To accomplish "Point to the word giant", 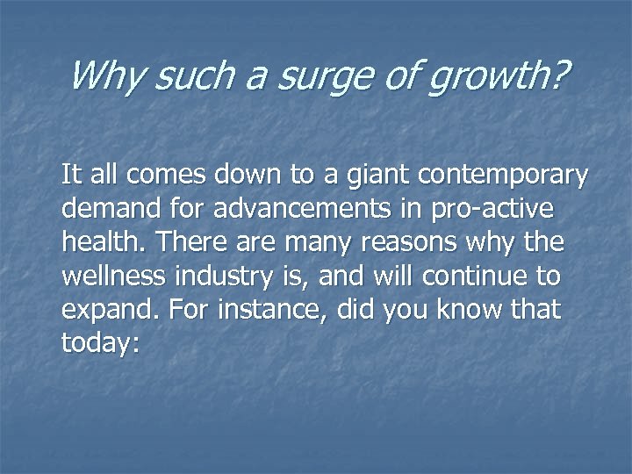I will [371, 176].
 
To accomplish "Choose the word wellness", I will [115, 276].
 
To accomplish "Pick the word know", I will [475, 310].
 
